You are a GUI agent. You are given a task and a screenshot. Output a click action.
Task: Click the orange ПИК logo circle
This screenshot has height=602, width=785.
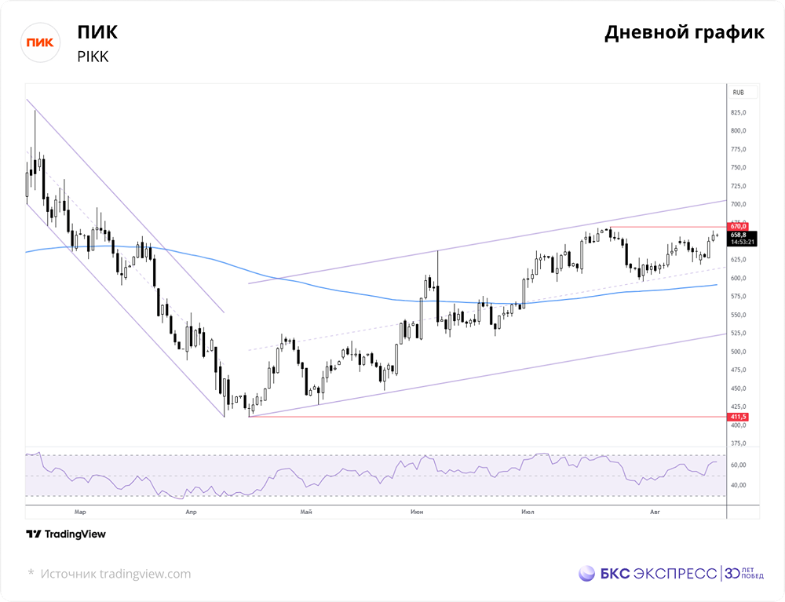tap(40, 42)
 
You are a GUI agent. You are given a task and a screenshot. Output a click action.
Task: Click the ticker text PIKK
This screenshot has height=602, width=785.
tap(93, 57)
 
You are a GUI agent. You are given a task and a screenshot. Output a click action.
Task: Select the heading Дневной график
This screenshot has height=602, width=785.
tap(685, 33)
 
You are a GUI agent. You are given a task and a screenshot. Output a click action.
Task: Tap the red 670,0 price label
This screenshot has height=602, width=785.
tap(738, 227)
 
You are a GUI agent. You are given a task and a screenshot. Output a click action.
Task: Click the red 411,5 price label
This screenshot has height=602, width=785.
tap(738, 417)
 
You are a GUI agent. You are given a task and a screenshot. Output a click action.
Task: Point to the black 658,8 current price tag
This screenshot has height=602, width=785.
tap(742, 238)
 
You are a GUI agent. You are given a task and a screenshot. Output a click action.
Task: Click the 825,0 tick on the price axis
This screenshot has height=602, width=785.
tap(738, 112)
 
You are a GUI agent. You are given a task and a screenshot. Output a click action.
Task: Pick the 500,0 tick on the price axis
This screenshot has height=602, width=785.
tap(738, 352)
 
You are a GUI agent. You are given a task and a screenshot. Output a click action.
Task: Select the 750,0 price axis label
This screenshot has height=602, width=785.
tap(738, 168)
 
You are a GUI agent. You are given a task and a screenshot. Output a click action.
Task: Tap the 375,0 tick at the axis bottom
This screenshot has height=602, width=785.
tap(738, 443)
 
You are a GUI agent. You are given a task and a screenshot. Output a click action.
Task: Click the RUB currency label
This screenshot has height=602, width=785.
tap(738, 93)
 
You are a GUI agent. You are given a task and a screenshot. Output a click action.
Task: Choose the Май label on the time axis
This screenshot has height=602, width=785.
tap(306, 512)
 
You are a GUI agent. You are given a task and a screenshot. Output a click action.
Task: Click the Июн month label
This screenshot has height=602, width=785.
tap(417, 512)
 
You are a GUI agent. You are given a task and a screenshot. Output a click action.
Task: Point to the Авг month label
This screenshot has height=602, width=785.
tap(655, 512)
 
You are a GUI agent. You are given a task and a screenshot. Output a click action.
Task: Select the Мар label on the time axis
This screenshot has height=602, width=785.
tap(80, 512)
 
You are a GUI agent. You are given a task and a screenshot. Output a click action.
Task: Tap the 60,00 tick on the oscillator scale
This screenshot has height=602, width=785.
tap(738, 465)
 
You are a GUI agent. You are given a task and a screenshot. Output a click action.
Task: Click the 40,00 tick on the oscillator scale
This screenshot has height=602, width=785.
tap(738, 485)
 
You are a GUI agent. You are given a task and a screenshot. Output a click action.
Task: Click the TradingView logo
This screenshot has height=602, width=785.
tap(66, 534)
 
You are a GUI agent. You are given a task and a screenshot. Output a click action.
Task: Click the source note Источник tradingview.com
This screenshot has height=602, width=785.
tap(115, 574)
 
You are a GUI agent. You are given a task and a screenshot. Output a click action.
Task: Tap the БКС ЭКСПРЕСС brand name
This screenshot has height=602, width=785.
tap(659, 574)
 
